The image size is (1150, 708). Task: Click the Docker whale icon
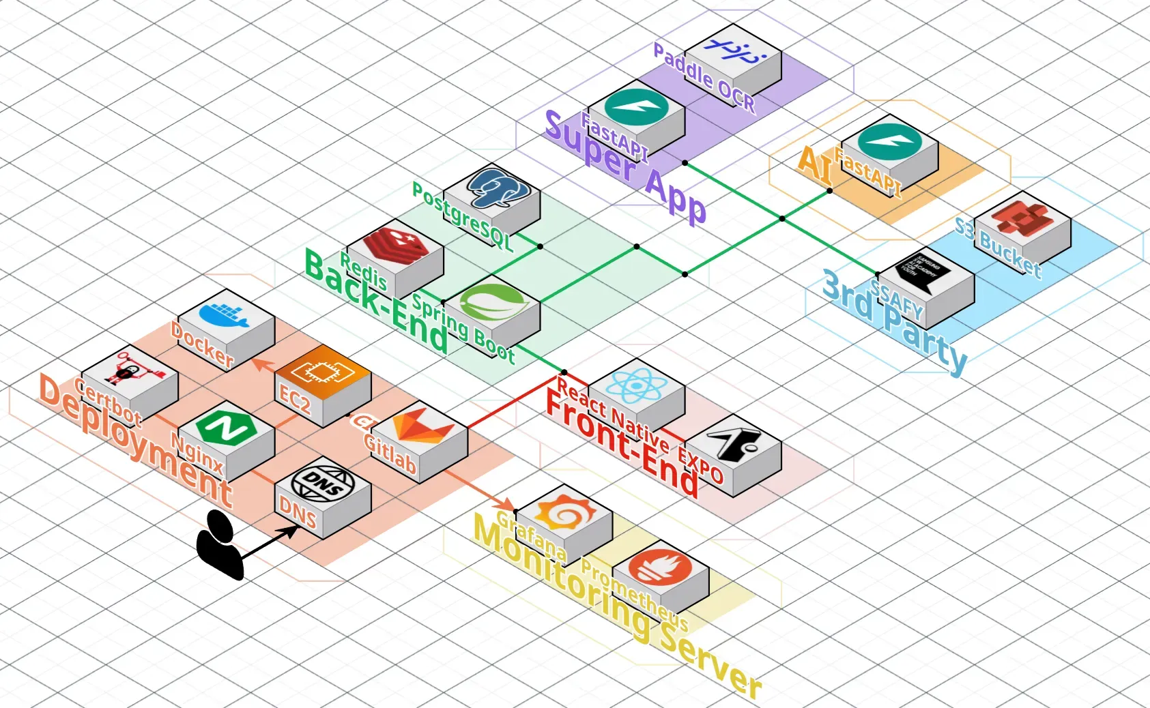click(x=225, y=314)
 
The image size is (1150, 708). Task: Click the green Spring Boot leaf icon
click(x=491, y=302)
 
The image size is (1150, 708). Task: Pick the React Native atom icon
click(x=635, y=386)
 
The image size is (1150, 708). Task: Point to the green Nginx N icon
click(x=225, y=427)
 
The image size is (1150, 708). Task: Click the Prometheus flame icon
click(x=660, y=567)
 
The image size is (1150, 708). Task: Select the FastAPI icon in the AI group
click(x=889, y=143)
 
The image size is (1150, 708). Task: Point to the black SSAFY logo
click(x=925, y=273)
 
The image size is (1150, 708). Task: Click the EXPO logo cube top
click(x=732, y=441)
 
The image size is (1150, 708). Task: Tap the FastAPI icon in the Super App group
click(x=635, y=106)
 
